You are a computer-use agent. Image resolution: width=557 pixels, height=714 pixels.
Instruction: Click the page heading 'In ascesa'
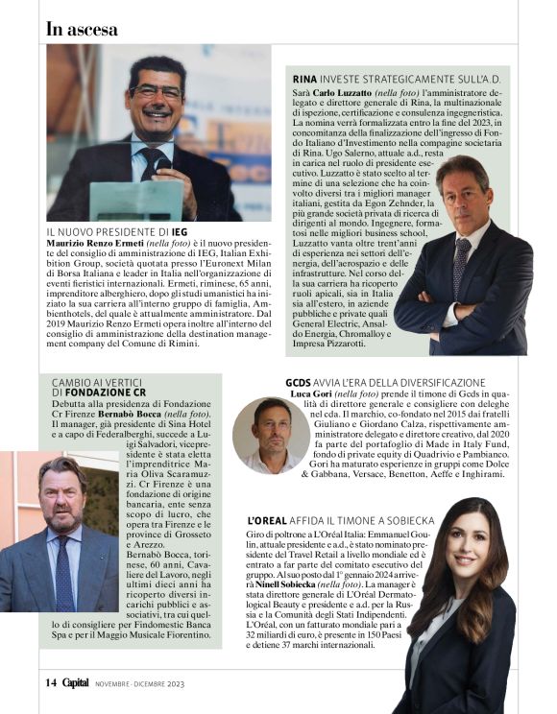pos(82,29)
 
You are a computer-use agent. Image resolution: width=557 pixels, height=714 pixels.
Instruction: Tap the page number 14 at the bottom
pos(52,682)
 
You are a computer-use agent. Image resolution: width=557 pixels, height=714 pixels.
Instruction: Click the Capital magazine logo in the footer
pos(77,682)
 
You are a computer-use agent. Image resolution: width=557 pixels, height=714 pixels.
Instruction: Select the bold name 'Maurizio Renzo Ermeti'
pos(94,245)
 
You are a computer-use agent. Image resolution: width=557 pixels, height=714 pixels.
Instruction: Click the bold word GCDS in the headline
pos(298,383)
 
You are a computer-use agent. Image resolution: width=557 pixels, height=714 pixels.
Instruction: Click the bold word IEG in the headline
pos(179,232)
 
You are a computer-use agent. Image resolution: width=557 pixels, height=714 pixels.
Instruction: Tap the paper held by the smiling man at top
pos(136,202)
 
